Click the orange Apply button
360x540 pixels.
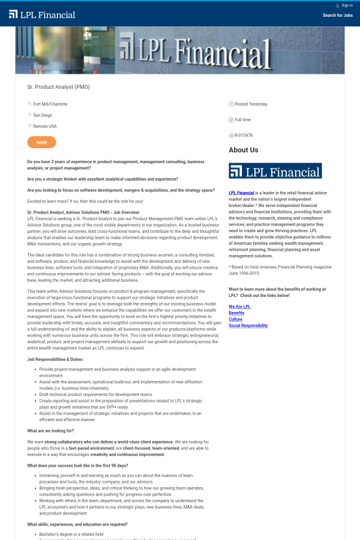click(41, 142)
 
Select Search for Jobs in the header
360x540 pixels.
click(337, 16)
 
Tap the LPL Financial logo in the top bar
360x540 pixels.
click(42, 14)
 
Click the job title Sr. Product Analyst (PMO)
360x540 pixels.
click(59, 87)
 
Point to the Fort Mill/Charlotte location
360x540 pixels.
click(50, 104)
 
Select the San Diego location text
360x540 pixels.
click(43, 115)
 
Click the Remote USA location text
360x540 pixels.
click(45, 126)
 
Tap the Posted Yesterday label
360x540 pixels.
click(251, 104)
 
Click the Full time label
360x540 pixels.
click(243, 120)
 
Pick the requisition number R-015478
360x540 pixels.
click(244, 136)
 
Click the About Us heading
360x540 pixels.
click(244, 150)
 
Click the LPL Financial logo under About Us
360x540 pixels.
click(275, 171)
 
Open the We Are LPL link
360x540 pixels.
click(239, 307)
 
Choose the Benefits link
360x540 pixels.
click(236, 313)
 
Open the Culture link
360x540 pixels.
click(235, 319)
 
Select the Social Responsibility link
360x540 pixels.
click(248, 326)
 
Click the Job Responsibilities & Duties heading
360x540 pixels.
click(55, 359)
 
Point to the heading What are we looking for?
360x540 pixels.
click(50, 431)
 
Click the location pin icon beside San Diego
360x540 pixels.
click(29, 115)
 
